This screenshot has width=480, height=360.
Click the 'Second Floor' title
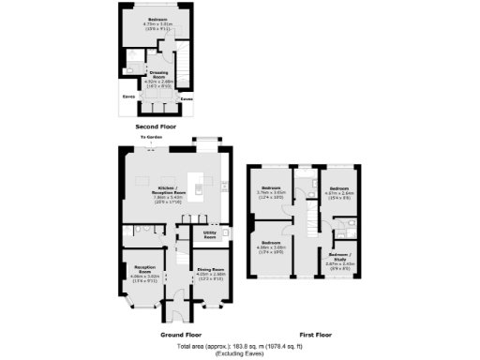coord(155,126)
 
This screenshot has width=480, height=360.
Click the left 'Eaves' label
coord(127,96)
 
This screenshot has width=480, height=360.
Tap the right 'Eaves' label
coord(186,96)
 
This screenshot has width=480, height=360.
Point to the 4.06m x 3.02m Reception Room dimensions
coord(142,278)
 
